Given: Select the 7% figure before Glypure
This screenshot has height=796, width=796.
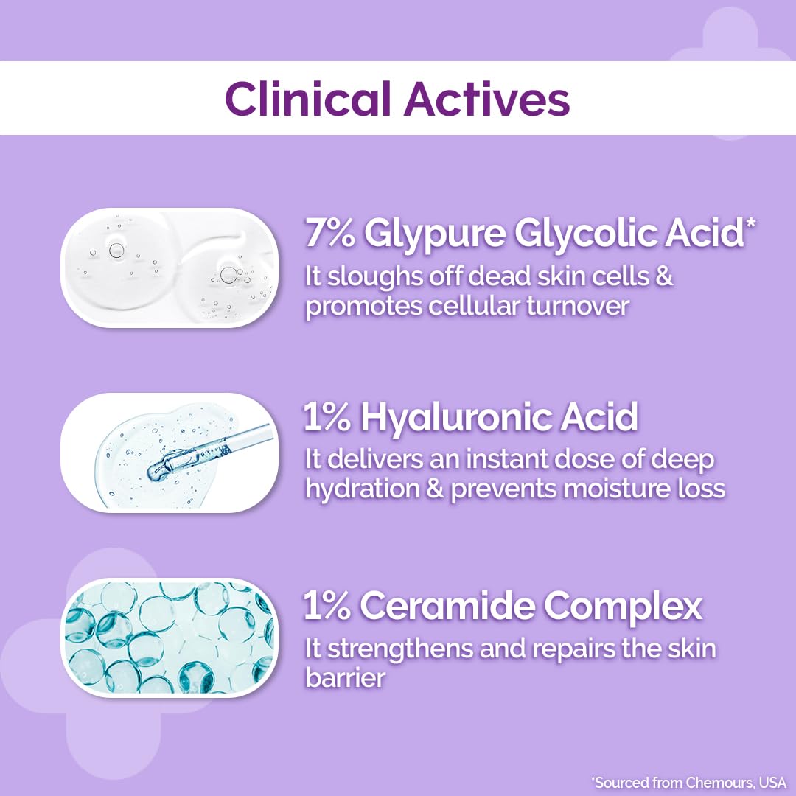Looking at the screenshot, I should pyautogui.click(x=329, y=234).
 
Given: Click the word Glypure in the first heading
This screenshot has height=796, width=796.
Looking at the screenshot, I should pyautogui.click(x=435, y=234).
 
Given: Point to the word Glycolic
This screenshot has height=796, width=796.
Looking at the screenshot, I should pyautogui.click(x=584, y=234).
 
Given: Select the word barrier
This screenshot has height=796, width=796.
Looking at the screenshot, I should pyautogui.click(x=345, y=677).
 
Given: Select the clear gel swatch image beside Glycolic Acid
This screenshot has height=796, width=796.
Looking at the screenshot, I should pyautogui.click(x=169, y=268).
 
